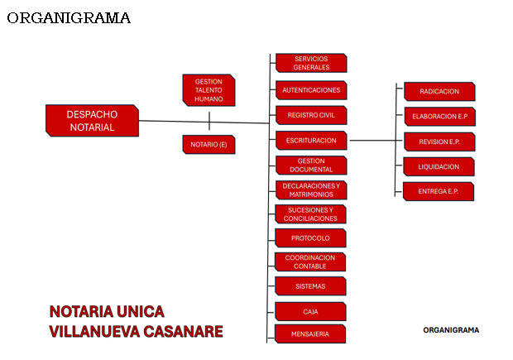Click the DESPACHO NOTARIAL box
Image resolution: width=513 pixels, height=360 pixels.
(x=93, y=121)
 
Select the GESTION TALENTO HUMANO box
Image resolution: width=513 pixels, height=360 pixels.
(x=209, y=90)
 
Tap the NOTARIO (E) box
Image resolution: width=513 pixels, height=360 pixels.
(x=209, y=144)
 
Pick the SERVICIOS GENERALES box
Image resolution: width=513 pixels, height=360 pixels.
(x=311, y=63)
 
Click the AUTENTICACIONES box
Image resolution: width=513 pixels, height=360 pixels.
(x=311, y=90)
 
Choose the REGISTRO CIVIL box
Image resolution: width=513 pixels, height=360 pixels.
(x=311, y=115)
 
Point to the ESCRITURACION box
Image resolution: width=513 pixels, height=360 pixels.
(x=311, y=141)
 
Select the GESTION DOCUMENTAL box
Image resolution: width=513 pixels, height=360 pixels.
(x=311, y=166)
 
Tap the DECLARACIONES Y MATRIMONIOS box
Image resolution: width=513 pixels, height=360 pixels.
(x=311, y=190)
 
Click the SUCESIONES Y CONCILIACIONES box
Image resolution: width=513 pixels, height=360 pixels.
(x=310, y=214)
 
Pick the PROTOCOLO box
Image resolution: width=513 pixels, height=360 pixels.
(x=310, y=238)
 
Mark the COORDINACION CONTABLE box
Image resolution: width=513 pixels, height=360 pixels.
(x=310, y=262)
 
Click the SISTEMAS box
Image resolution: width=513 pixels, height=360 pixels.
(x=310, y=286)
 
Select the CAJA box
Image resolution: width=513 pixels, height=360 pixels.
(x=310, y=311)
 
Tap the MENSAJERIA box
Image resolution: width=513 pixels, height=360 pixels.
(x=310, y=334)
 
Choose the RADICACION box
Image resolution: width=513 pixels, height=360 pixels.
(x=439, y=91)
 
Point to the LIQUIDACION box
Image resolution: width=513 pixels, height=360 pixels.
(x=439, y=166)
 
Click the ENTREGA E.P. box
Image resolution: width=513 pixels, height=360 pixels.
(x=439, y=191)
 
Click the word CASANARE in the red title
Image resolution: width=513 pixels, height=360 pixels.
(x=183, y=332)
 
